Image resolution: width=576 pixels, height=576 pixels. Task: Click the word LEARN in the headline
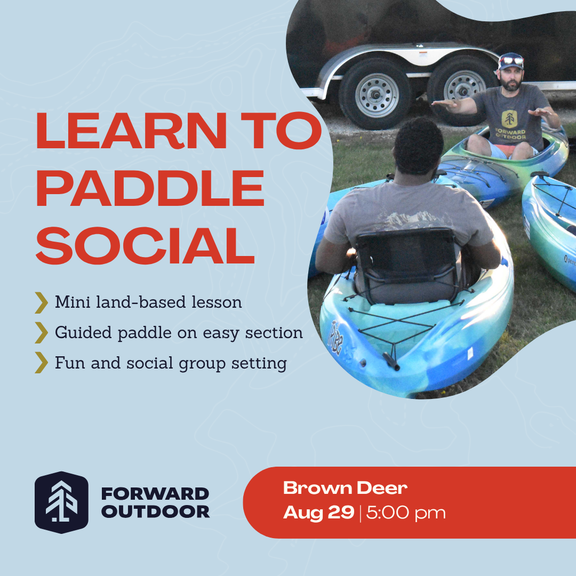(x=131, y=131)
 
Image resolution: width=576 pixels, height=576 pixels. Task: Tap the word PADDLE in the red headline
(x=150, y=188)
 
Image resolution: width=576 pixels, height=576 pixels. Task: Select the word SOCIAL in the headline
(x=145, y=245)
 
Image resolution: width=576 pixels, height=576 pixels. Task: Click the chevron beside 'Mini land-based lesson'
(x=42, y=303)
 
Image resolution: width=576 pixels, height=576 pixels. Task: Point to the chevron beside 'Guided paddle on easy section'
(x=42, y=333)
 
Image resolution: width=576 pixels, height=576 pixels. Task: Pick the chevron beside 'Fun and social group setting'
(x=42, y=363)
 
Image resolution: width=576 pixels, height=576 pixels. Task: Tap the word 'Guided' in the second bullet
(x=83, y=332)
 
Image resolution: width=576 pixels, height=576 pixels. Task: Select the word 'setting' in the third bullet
(x=259, y=363)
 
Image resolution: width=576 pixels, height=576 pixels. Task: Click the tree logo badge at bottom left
(x=61, y=502)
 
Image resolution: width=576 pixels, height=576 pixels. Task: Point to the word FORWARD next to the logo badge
(x=155, y=494)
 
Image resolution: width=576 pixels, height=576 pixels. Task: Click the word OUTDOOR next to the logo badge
(x=155, y=511)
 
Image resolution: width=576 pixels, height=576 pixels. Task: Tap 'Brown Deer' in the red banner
(x=345, y=488)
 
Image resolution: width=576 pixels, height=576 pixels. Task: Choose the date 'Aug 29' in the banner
(x=318, y=513)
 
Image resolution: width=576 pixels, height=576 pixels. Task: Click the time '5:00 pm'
(x=406, y=513)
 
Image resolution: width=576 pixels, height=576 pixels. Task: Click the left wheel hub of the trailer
(x=376, y=95)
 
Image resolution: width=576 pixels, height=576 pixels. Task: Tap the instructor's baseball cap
(x=510, y=61)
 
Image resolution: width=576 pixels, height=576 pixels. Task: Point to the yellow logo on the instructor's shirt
(x=509, y=118)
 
